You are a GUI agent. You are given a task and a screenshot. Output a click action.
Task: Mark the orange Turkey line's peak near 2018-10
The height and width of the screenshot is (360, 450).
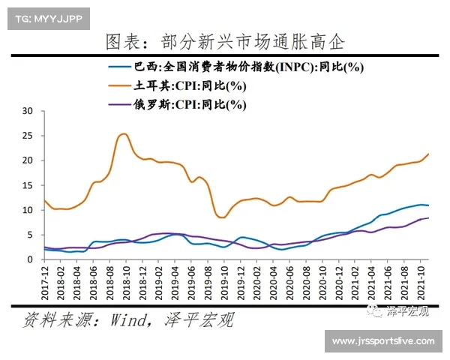[124, 134]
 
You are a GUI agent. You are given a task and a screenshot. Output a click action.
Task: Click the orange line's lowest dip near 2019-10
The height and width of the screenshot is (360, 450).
[221, 217]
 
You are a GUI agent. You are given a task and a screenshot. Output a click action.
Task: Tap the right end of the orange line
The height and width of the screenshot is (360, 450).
[428, 154]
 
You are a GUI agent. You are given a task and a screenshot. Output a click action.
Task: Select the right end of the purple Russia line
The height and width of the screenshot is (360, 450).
[428, 217]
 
